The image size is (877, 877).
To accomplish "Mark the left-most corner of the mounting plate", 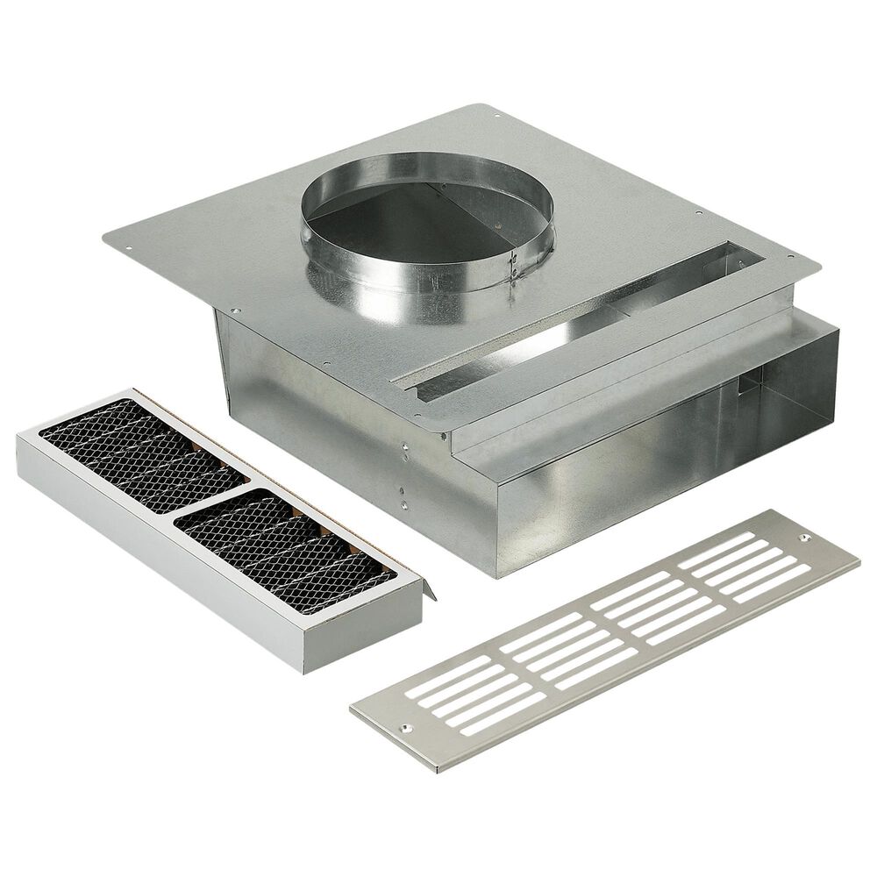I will click(x=105, y=234).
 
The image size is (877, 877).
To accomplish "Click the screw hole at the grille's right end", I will click(x=802, y=534).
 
